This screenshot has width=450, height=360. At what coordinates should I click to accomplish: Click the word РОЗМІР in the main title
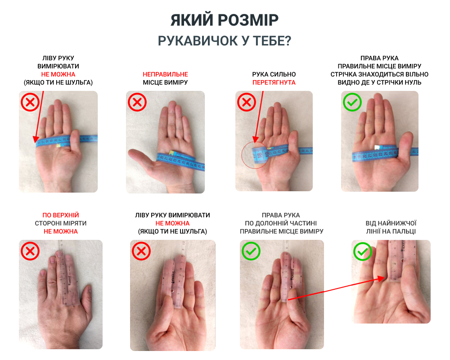pyautogui.click(x=248, y=20)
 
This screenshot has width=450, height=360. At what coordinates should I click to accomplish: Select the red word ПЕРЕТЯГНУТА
pyautogui.click(x=274, y=82)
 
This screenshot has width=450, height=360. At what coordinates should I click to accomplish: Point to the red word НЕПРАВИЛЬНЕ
pyautogui.click(x=165, y=74)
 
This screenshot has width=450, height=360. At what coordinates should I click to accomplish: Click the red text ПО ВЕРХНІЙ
pyautogui.click(x=61, y=215)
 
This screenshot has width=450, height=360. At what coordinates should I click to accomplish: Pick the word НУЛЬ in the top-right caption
pyautogui.click(x=412, y=82)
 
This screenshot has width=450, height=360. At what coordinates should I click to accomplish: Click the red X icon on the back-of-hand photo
pyautogui.click(x=30, y=251)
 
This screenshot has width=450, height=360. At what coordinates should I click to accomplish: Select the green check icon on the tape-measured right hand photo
pyautogui.click(x=352, y=102)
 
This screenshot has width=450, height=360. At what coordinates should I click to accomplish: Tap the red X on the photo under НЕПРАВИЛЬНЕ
pyautogui.click(x=137, y=102)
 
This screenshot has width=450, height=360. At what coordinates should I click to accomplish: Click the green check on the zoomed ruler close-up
pyautogui.click(x=363, y=252)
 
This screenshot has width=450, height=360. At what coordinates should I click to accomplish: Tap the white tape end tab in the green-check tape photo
pyautogui.click(x=377, y=147)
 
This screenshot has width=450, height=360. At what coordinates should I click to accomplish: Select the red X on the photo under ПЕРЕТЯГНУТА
pyautogui.click(x=247, y=102)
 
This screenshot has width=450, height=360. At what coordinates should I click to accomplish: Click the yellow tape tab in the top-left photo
pyautogui.click(x=58, y=145)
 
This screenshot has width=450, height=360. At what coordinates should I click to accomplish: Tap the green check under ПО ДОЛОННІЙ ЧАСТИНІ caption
pyautogui.click(x=251, y=251)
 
